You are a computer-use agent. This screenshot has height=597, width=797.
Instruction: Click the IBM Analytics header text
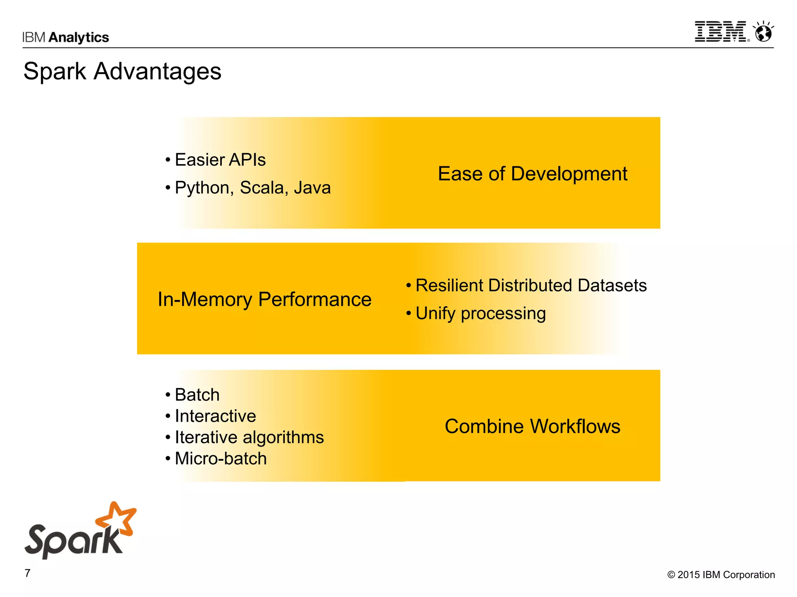pyautogui.click(x=65, y=37)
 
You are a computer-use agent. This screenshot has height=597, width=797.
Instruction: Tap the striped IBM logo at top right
pyautogui.click(x=721, y=31)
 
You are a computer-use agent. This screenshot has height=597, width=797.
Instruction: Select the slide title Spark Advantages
pyautogui.click(x=122, y=72)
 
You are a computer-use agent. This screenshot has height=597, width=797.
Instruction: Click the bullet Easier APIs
pyautogui.click(x=220, y=160)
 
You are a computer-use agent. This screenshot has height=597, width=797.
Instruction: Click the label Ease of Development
pyautogui.click(x=532, y=174)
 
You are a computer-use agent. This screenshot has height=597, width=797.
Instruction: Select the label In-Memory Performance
pyautogui.click(x=264, y=299)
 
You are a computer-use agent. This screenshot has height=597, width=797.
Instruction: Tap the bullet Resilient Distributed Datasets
pyautogui.click(x=531, y=285)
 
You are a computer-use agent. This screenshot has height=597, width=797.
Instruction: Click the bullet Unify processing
pyautogui.click(x=480, y=313)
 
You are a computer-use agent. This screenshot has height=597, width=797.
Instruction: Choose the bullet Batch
pyautogui.click(x=197, y=395)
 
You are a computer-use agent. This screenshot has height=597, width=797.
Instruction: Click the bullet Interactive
pyautogui.click(x=215, y=416)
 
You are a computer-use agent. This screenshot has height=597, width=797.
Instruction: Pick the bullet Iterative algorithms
pyautogui.click(x=249, y=437)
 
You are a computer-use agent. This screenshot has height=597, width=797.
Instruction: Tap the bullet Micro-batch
pyautogui.click(x=221, y=459)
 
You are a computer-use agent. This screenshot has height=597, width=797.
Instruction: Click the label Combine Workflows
pyautogui.click(x=532, y=426)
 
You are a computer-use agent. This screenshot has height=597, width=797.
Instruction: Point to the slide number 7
pyautogui.click(x=28, y=573)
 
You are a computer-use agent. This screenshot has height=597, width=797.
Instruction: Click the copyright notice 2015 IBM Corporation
pyautogui.click(x=721, y=574)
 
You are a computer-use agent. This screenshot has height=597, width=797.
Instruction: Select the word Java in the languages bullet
pyautogui.click(x=312, y=188)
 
